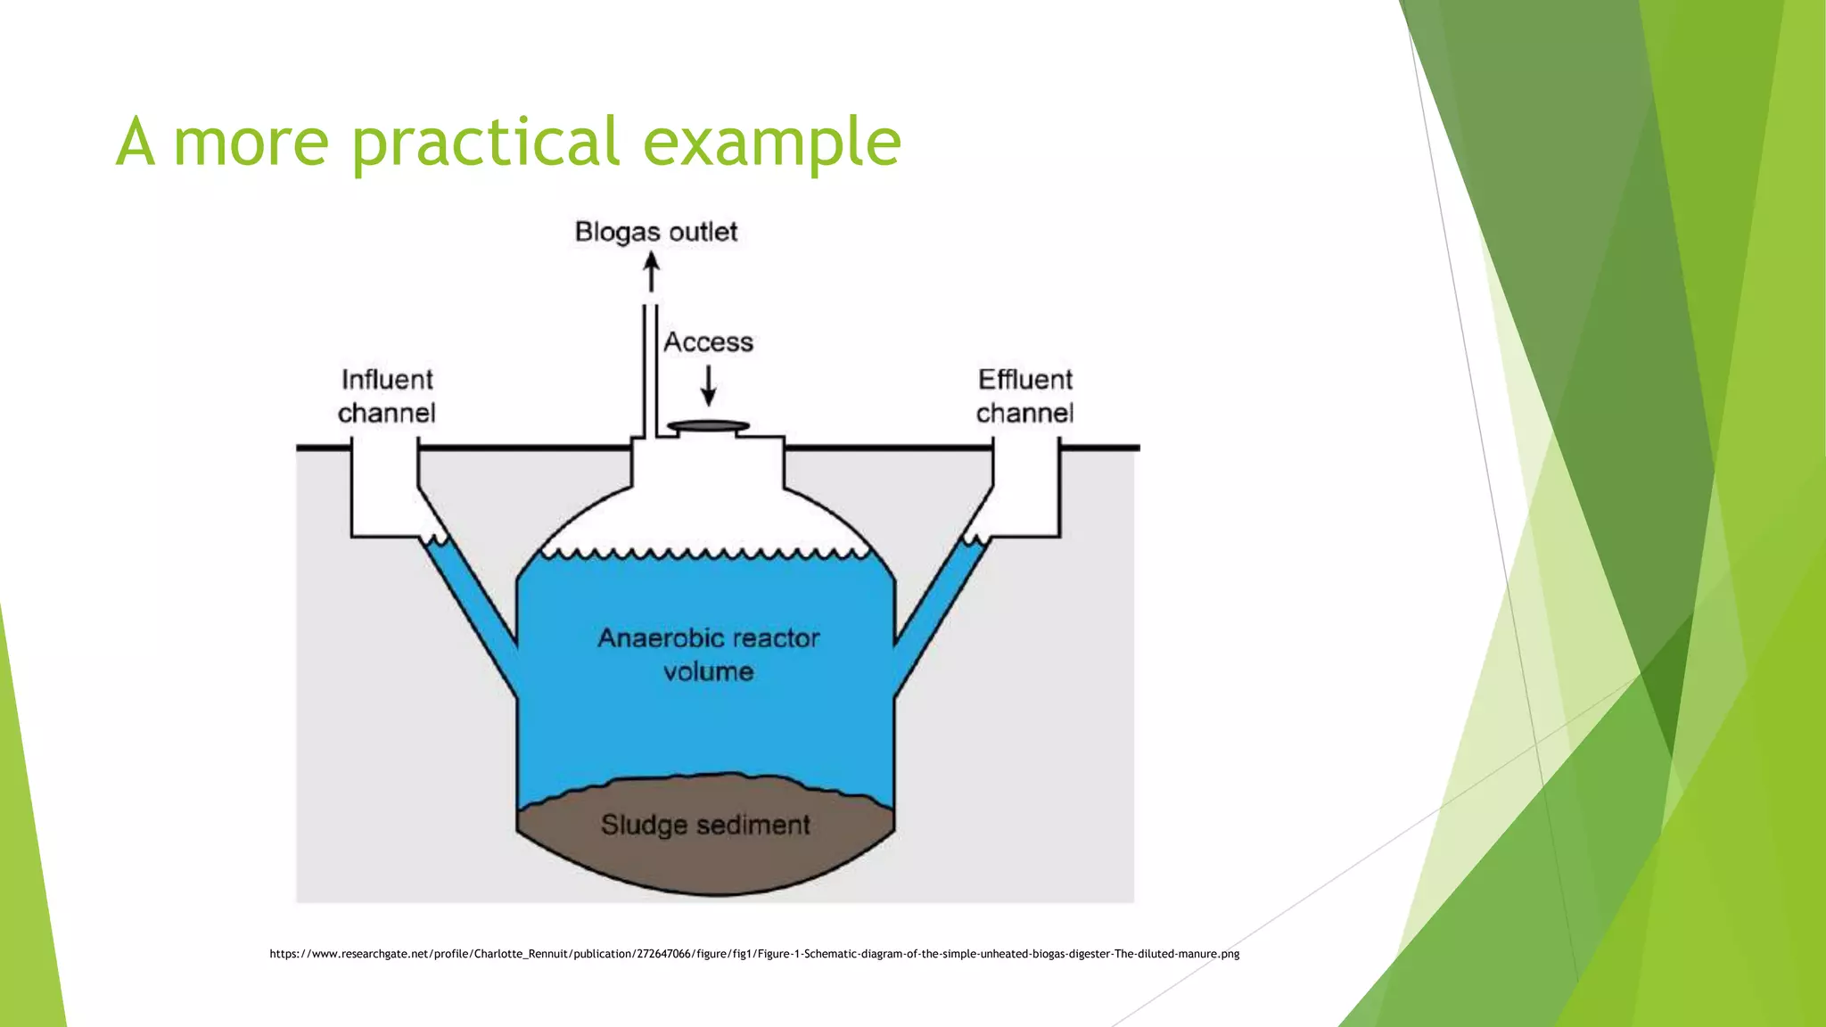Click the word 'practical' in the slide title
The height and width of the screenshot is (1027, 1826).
tap(486, 143)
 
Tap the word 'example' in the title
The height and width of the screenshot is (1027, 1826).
tap(772, 143)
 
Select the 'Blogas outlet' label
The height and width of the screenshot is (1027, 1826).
tap(656, 232)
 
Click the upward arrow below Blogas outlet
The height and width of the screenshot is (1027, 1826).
tap(652, 272)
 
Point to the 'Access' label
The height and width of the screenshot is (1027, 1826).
tap(709, 342)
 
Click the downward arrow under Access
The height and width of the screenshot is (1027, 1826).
tap(709, 385)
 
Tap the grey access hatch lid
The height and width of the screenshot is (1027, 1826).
tap(709, 426)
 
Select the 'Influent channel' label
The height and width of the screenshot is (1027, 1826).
tap(387, 396)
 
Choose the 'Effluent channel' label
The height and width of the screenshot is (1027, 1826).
tap(1025, 396)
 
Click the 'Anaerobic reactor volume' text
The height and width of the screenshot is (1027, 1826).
tap(709, 654)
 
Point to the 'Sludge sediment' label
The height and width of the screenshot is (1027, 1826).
tap(705, 825)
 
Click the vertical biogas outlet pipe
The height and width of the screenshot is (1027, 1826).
tap(651, 371)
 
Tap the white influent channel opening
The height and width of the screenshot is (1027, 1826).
tap(384, 489)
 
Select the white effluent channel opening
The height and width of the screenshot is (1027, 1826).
tap(1026, 489)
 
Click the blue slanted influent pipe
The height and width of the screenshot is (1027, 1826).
tap(469, 615)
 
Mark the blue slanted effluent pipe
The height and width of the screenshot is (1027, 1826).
tap(942, 615)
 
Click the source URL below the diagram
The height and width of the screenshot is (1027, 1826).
tap(754, 954)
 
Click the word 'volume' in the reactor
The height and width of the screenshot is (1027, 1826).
tap(709, 671)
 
